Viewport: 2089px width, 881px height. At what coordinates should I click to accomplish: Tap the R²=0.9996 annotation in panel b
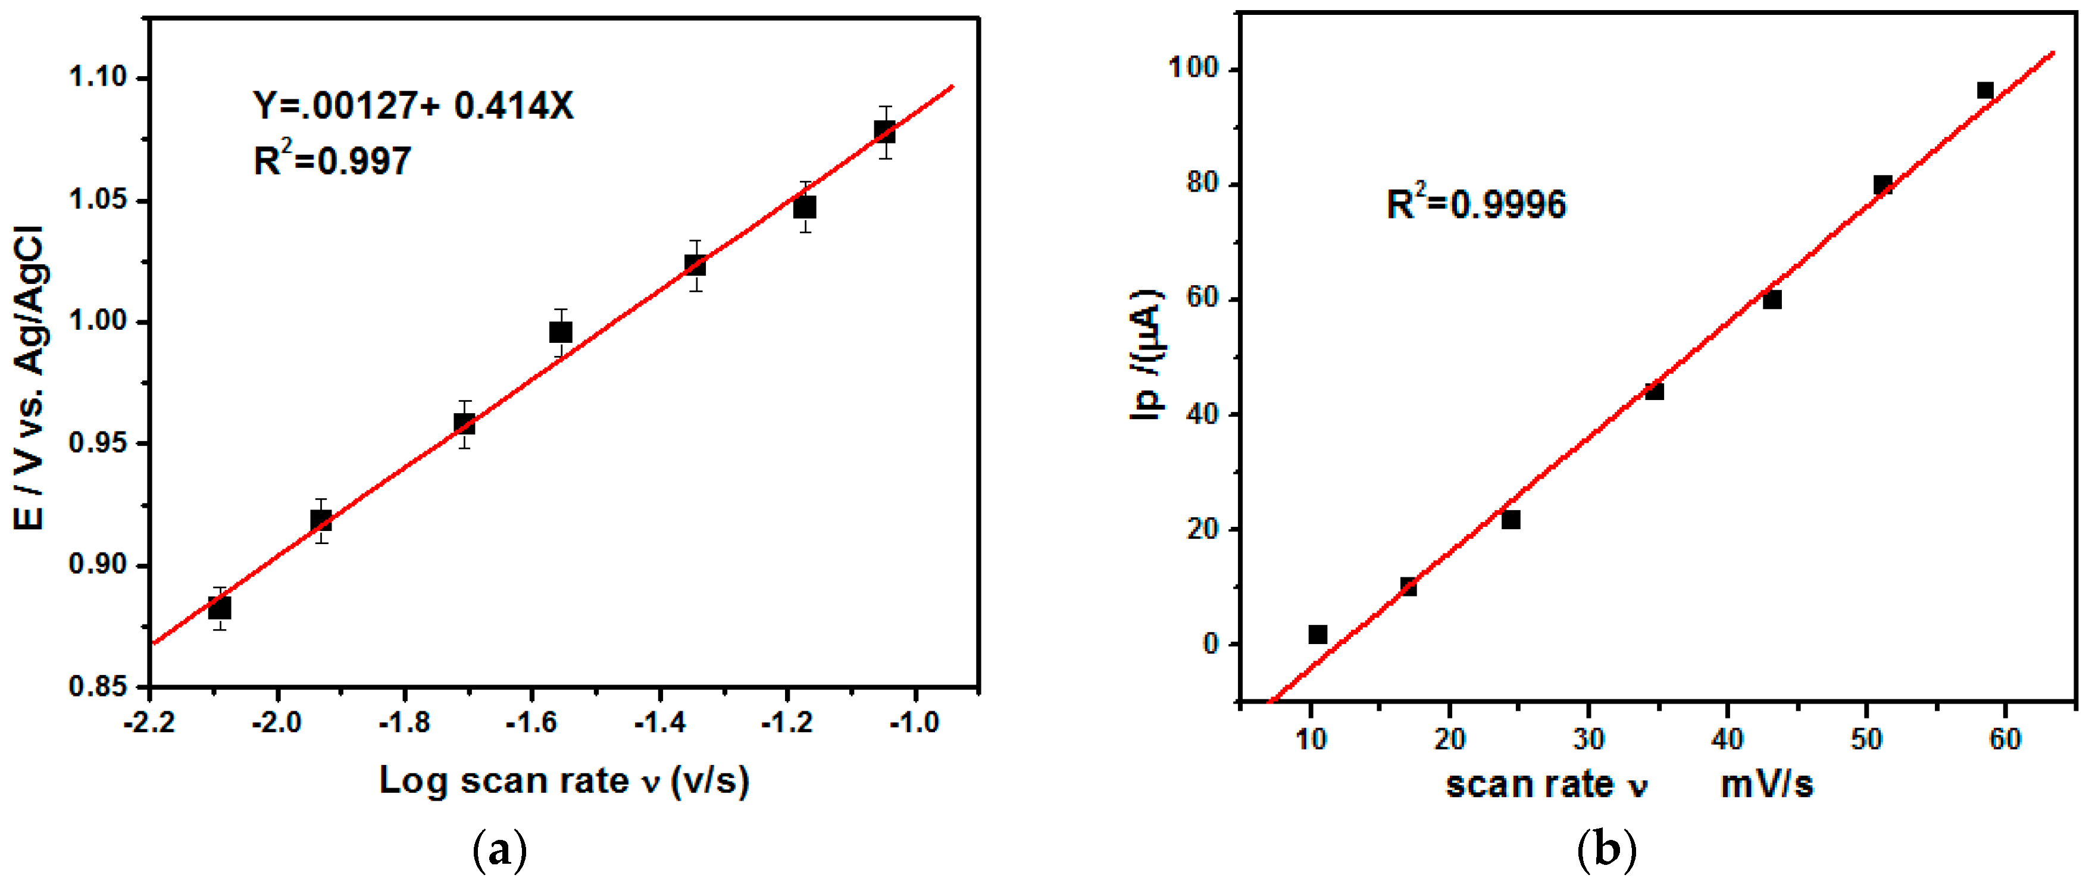click(x=1476, y=203)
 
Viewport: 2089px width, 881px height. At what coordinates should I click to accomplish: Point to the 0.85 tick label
click(x=98, y=686)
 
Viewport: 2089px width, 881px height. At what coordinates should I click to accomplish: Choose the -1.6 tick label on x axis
click(x=532, y=722)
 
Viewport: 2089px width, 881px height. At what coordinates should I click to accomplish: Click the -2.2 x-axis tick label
click(x=149, y=722)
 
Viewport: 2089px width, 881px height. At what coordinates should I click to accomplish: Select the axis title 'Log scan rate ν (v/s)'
click(x=564, y=780)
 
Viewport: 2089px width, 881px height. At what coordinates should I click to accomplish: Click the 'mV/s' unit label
click(x=1766, y=785)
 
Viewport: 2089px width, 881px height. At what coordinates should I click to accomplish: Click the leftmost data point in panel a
click(x=219, y=608)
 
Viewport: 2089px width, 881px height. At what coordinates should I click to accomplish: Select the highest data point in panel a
click(x=885, y=132)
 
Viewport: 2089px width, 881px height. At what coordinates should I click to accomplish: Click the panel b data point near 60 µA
click(x=1772, y=300)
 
